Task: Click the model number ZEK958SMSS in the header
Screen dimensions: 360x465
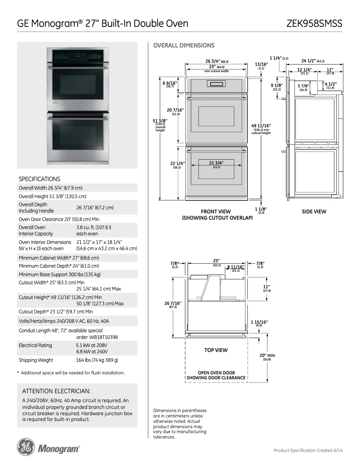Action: point(314,23)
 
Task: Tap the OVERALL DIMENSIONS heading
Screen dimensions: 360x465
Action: point(184,45)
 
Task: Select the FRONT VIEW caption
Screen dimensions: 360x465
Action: point(215,212)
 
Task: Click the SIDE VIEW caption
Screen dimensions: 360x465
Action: point(314,212)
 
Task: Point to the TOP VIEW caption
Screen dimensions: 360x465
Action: point(215,350)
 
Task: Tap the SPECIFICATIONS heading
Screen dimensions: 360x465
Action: point(40,178)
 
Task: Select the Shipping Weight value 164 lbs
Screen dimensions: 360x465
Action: point(97,360)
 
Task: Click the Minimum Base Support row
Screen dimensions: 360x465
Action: point(60,274)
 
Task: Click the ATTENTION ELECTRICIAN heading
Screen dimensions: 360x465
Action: point(57,391)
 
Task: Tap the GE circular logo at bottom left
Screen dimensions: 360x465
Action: point(26,447)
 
